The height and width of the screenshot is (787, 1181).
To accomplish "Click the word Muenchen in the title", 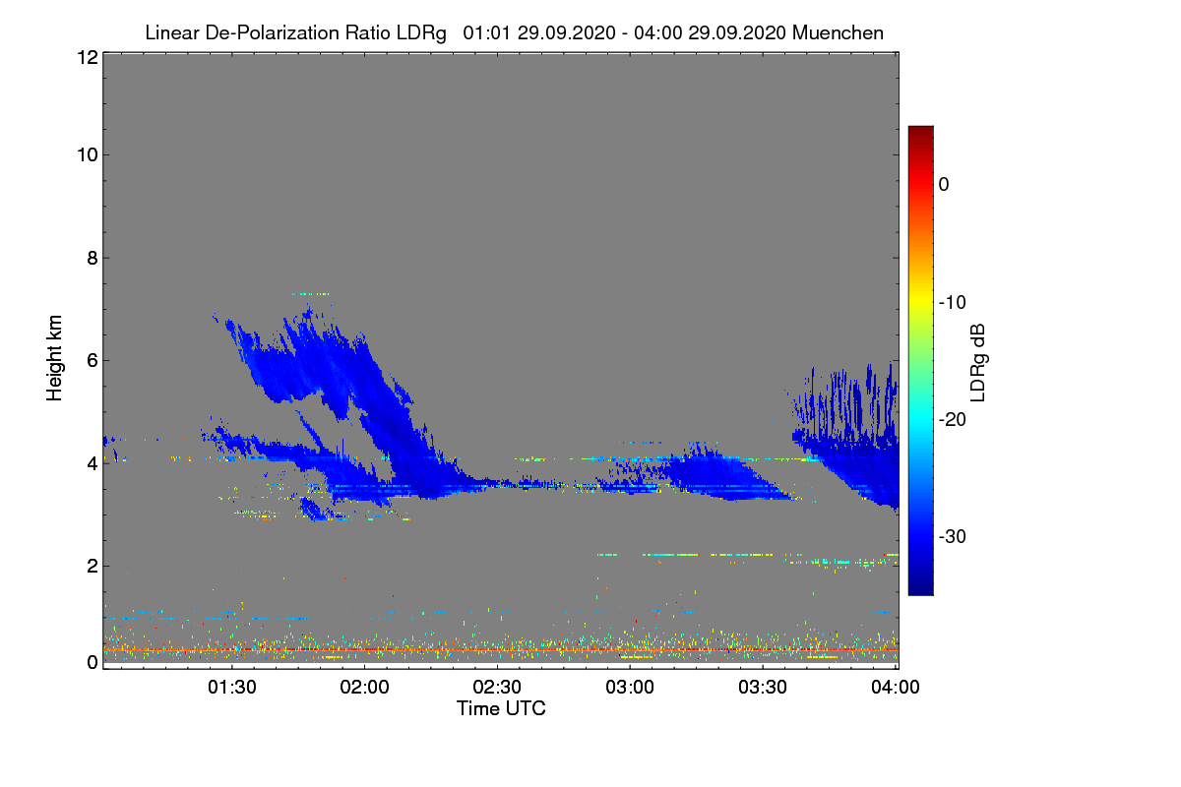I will (x=838, y=33).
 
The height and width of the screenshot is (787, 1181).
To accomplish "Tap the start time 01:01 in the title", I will (x=483, y=33).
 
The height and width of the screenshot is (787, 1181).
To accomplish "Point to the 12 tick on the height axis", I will (x=86, y=58).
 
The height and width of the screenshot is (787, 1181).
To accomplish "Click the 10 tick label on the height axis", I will (x=86, y=154).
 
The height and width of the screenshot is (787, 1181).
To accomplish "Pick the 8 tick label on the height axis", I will (x=91, y=258).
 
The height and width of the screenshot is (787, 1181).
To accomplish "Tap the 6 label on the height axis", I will (x=91, y=360).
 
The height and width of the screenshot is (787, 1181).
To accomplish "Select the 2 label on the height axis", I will (x=91, y=566).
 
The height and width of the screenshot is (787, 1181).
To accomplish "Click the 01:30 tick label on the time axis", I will (x=232, y=688).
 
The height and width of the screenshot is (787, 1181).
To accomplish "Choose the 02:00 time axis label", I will (x=365, y=688).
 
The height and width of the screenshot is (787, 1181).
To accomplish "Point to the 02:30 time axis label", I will (x=498, y=688).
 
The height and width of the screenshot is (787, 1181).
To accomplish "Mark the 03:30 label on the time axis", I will (x=764, y=688).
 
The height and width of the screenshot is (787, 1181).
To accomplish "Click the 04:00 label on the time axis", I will (x=896, y=688).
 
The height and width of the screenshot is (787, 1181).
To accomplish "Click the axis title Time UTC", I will (x=500, y=708).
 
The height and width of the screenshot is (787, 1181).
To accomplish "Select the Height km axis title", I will (x=55, y=360).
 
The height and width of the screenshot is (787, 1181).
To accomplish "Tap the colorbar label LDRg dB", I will (x=978, y=362).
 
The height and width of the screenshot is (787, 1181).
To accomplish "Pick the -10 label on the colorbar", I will (x=954, y=302).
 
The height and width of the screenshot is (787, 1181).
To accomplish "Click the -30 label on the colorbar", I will (x=954, y=537).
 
